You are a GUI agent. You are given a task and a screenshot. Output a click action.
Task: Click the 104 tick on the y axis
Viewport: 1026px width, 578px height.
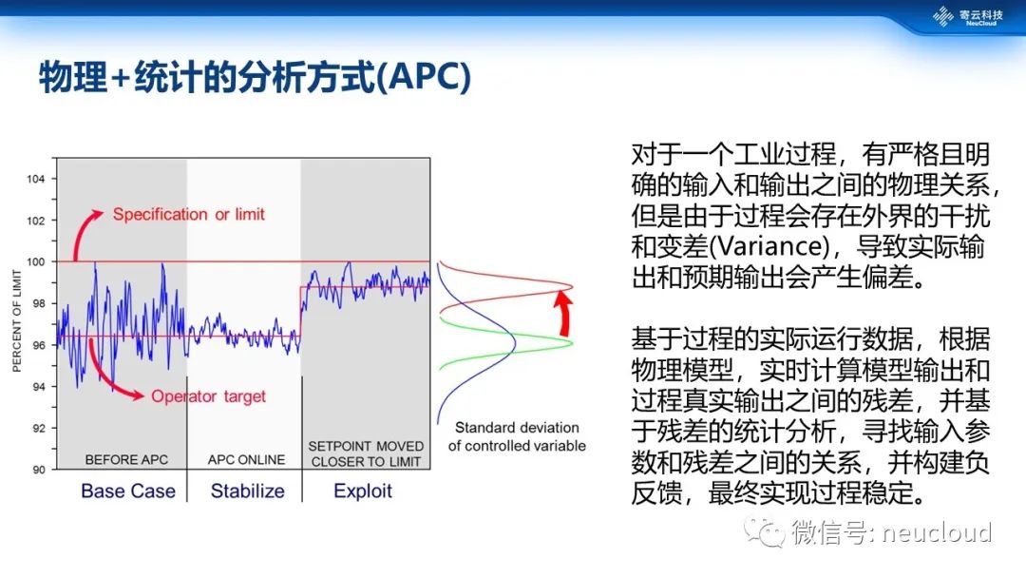coord(36,179)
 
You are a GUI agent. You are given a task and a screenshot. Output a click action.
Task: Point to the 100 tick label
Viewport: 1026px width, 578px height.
coord(36,261)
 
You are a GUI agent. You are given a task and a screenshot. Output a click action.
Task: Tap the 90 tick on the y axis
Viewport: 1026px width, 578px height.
coord(39,470)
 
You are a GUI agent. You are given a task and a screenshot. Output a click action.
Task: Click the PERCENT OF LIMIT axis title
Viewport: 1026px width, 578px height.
coord(17,320)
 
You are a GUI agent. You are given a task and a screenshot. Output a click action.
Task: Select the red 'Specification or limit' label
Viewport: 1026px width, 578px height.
coord(188,214)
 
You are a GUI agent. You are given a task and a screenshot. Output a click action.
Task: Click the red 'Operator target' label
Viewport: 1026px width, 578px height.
coord(208,396)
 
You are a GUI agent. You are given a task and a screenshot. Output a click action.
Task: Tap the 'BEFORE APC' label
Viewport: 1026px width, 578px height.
coord(126,459)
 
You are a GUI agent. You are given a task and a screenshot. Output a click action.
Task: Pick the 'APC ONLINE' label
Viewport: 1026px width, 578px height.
coord(246,459)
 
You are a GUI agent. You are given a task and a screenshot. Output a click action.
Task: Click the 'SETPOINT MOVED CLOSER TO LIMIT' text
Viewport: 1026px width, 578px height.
coord(366,453)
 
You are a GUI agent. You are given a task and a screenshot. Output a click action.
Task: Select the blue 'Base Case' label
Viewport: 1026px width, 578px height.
coord(128,491)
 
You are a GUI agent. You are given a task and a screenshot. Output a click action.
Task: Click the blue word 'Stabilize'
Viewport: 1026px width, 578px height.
coord(247,491)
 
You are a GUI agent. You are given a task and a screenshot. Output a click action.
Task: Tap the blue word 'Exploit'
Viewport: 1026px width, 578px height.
coord(363,491)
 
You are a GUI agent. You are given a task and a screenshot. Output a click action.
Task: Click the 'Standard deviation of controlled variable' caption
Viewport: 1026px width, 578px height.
coord(517,436)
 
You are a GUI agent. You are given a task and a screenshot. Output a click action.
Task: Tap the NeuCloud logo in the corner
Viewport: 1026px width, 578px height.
coord(968,16)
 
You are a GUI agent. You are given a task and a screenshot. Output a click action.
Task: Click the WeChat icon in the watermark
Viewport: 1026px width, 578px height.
coord(764,531)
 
